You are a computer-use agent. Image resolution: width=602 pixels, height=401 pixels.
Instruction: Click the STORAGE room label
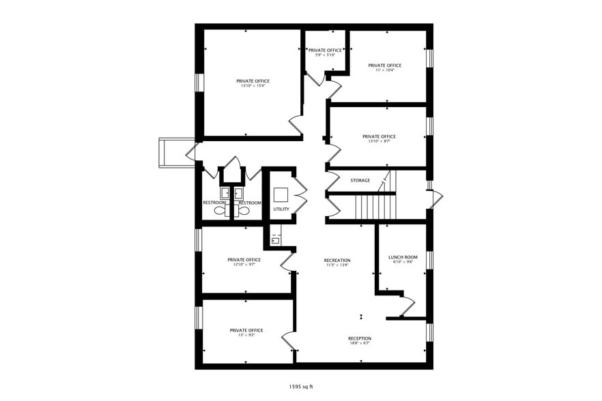[x=360, y=181]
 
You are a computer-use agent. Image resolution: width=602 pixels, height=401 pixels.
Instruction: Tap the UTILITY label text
[x=281, y=209]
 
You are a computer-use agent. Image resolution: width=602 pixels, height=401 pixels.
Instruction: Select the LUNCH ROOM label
[x=403, y=258]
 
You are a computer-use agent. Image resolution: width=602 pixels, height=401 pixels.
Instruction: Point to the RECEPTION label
[x=360, y=339]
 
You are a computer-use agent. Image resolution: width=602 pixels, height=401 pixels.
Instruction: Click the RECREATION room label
[x=337, y=261]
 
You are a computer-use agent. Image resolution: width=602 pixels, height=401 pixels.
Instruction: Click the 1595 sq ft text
[x=301, y=387]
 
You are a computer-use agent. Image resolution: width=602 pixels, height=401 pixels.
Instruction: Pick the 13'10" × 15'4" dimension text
[x=253, y=86]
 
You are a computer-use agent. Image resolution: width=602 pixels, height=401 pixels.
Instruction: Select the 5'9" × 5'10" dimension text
[x=325, y=55]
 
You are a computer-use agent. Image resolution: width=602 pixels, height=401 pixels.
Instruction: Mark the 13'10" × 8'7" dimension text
[x=379, y=141]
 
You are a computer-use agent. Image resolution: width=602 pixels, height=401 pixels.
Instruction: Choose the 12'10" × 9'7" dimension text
[x=244, y=265]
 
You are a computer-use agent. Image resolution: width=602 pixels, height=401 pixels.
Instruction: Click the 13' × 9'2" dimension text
[x=246, y=336]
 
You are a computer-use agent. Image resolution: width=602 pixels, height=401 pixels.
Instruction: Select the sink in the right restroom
[x=239, y=193]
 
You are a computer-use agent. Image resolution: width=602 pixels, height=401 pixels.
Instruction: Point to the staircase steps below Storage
[x=375, y=205]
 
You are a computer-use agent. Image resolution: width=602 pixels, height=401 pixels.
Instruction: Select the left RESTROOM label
[x=214, y=203]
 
